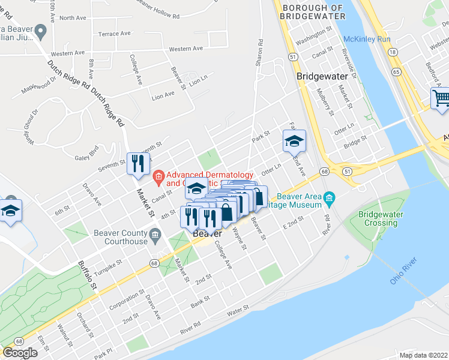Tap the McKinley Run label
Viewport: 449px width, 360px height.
pyautogui.click(x=367, y=40)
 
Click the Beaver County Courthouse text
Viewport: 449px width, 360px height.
pyautogui.click(x=121, y=237)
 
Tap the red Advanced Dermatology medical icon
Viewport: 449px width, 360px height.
pyautogui.click(x=158, y=176)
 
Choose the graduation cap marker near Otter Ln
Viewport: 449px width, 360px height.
pyautogui.click(x=294, y=142)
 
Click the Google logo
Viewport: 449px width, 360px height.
pyautogui.click(x=20, y=353)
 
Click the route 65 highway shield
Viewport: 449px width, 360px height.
pyautogui.click(x=396, y=71)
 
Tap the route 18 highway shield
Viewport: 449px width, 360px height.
pyautogui.click(x=392, y=52)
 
